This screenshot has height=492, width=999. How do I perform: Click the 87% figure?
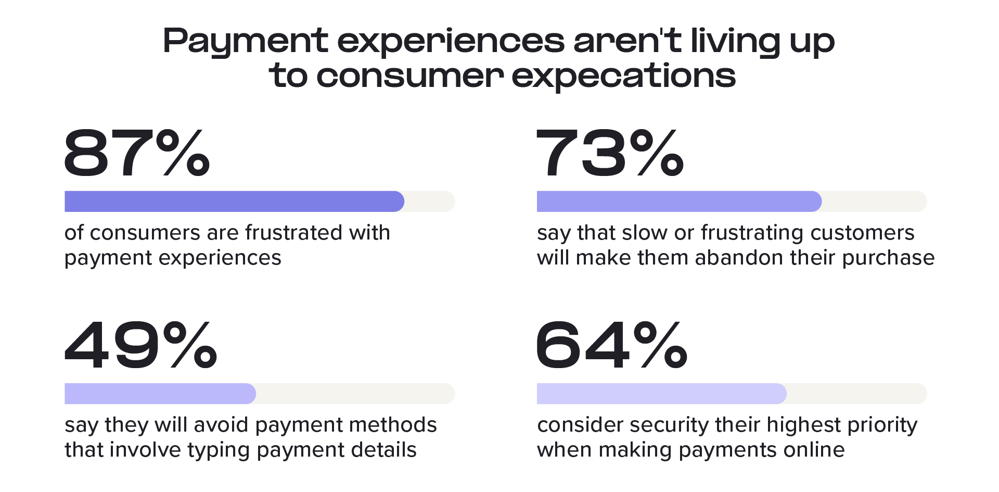137,153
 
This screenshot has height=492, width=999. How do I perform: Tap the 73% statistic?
610,153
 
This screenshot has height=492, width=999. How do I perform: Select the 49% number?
140,345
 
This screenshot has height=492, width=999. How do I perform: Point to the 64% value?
612,345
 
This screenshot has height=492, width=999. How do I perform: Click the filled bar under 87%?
234,201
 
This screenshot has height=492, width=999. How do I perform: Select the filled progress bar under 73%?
679,201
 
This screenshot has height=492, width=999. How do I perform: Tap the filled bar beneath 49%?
160,394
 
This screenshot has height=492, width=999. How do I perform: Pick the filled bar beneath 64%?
662,394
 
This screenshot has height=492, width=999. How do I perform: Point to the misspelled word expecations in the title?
624,76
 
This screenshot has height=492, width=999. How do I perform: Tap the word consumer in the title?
410,77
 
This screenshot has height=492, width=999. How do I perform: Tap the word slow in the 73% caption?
645,233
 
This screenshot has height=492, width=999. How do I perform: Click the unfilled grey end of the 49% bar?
355,394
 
